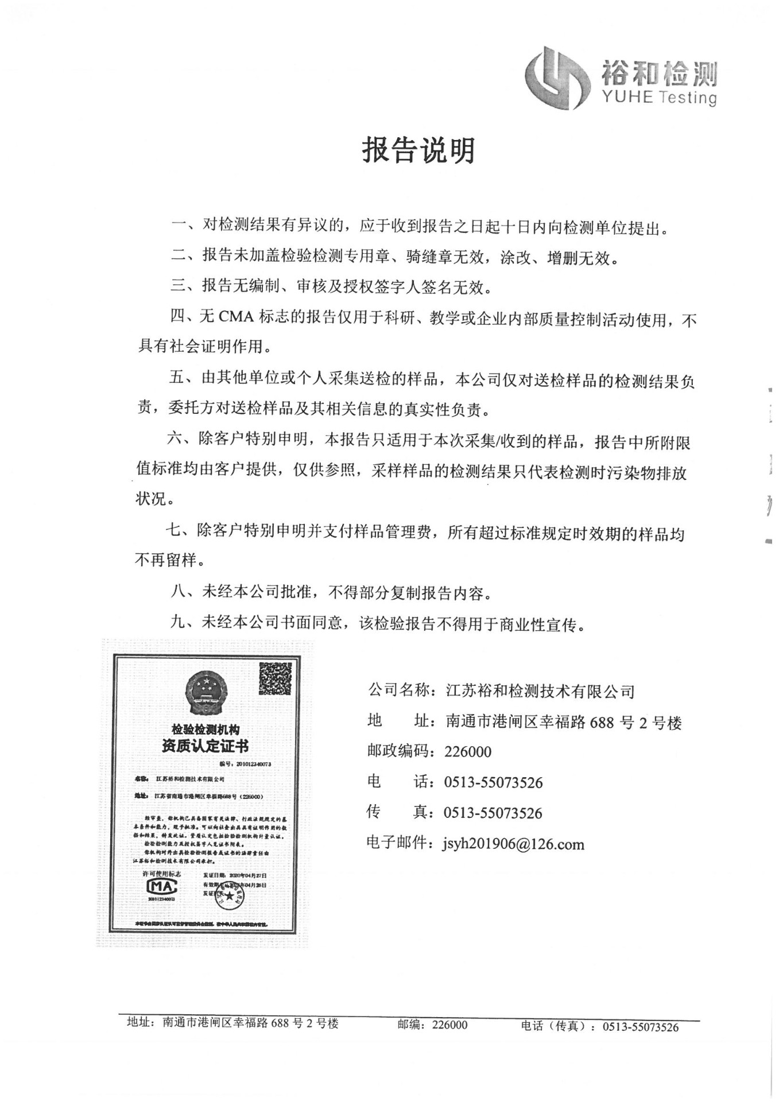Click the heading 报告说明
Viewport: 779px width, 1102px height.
click(x=418, y=150)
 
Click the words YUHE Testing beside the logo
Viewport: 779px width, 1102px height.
click(x=660, y=97)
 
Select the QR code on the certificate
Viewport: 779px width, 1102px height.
click(x=276, y=678)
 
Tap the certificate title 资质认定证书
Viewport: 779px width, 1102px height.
click(x=205, y=746)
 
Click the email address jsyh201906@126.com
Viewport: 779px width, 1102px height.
click(x=513, y=844)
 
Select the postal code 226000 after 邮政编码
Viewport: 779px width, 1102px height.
click(x=468, y=751)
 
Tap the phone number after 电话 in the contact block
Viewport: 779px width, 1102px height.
click(x=493, y=782)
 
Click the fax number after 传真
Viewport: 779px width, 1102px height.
click(x=493, y=813)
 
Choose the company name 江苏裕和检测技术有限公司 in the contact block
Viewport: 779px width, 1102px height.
click(x=540, y=691)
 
